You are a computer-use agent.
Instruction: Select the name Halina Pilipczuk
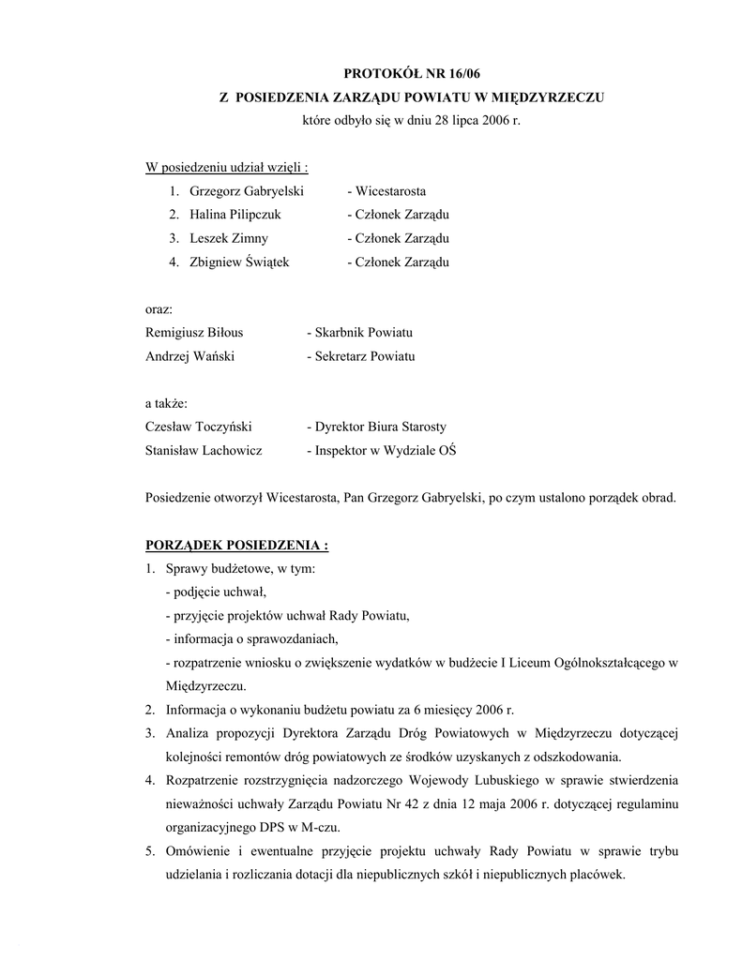pyautogui.click(x=235, y=215)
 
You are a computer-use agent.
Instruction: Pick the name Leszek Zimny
pyautogui.click(x=228, y=238)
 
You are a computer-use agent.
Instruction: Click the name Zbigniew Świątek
pyautogui.click(x=239, y=262)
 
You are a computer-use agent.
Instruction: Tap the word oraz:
pyautogui.click(x=159, y=309)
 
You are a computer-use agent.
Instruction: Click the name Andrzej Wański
pyautogui.click(x=189, y=356)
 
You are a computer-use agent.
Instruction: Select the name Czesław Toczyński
pyautogui.click(x=199, y=427)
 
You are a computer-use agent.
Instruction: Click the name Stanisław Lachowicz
pyautogui.click(x=204, y=450)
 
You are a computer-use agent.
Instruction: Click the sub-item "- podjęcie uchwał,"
pyautogui.click(x=216, y=592)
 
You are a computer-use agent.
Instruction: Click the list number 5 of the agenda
pyautogui.click(x=150, y=851)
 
